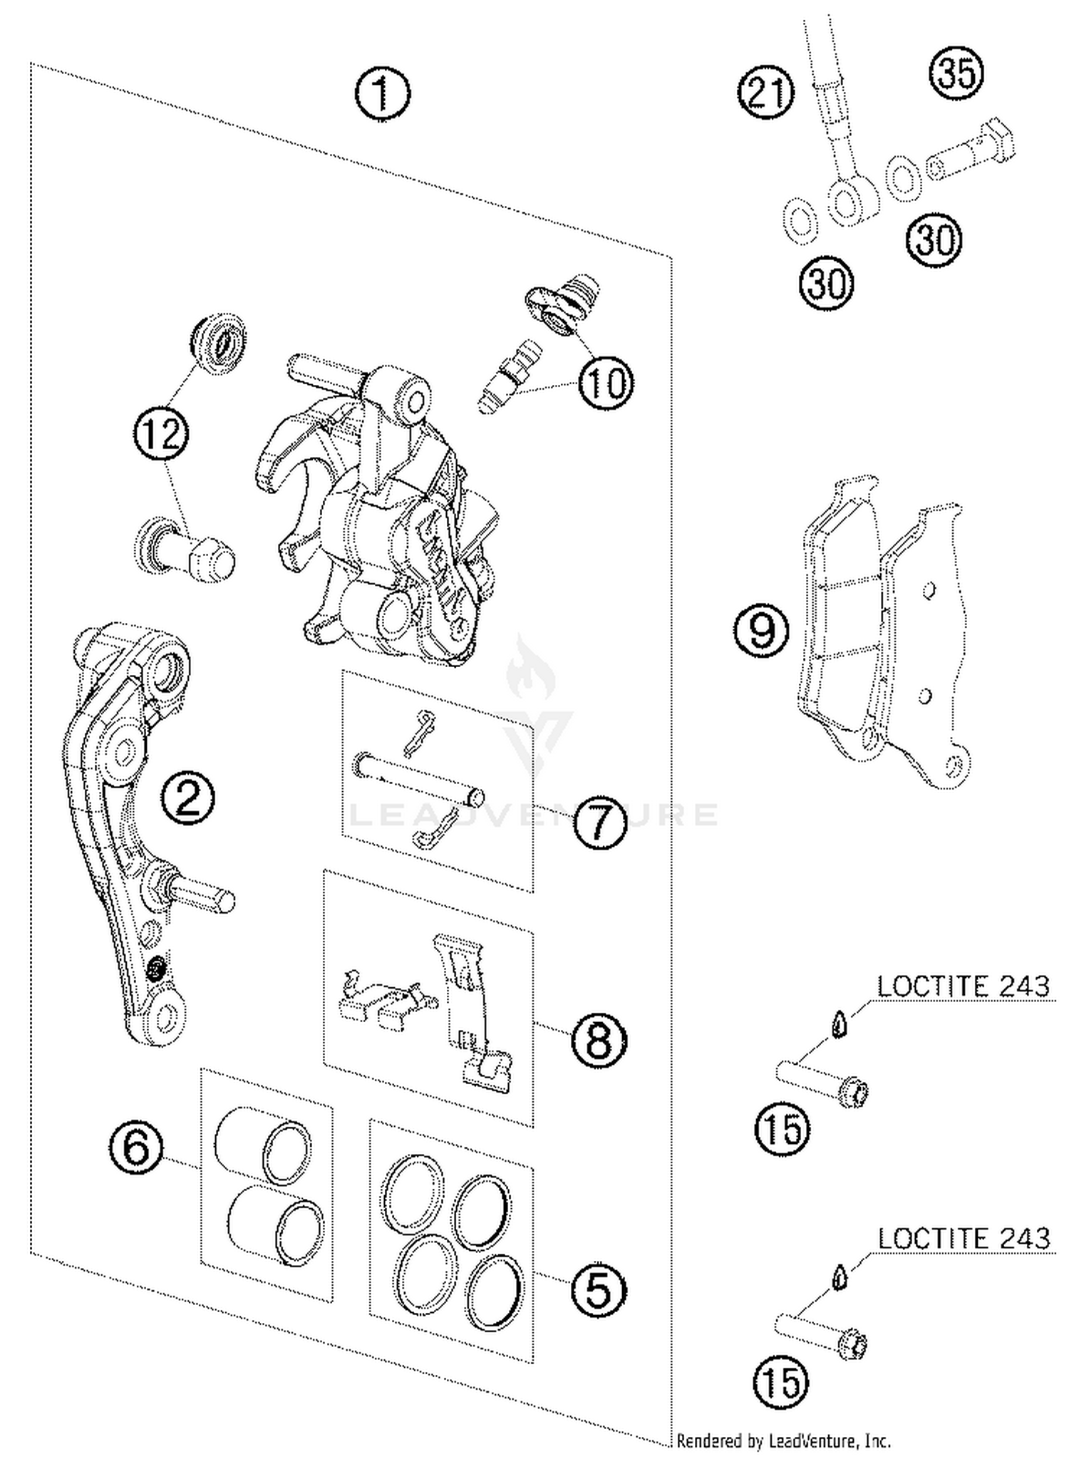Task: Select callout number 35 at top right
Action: pos(956,72)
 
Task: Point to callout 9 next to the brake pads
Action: pos(762,630)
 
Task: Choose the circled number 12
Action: pos(161,433)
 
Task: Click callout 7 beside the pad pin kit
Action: pos(600,821)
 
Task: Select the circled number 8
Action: pos(599,1041)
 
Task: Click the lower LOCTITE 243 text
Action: pos(963,1239)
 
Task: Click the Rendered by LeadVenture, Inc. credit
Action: pos(783,1440)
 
